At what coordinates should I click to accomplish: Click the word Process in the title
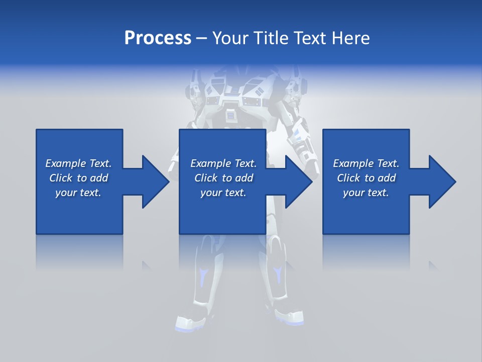click(158, 38)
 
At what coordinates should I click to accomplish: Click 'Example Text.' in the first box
click(78, 163)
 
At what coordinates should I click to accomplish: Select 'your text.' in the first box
click(78, 193)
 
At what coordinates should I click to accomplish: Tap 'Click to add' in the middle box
click(223, 178)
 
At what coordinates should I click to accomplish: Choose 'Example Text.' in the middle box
click(223, 163)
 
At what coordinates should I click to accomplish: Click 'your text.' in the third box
click(366, 193)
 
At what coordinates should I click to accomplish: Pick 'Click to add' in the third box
click(366, 178)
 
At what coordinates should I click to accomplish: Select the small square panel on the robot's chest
click(230, 116)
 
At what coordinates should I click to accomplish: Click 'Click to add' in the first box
click(78, 178)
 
